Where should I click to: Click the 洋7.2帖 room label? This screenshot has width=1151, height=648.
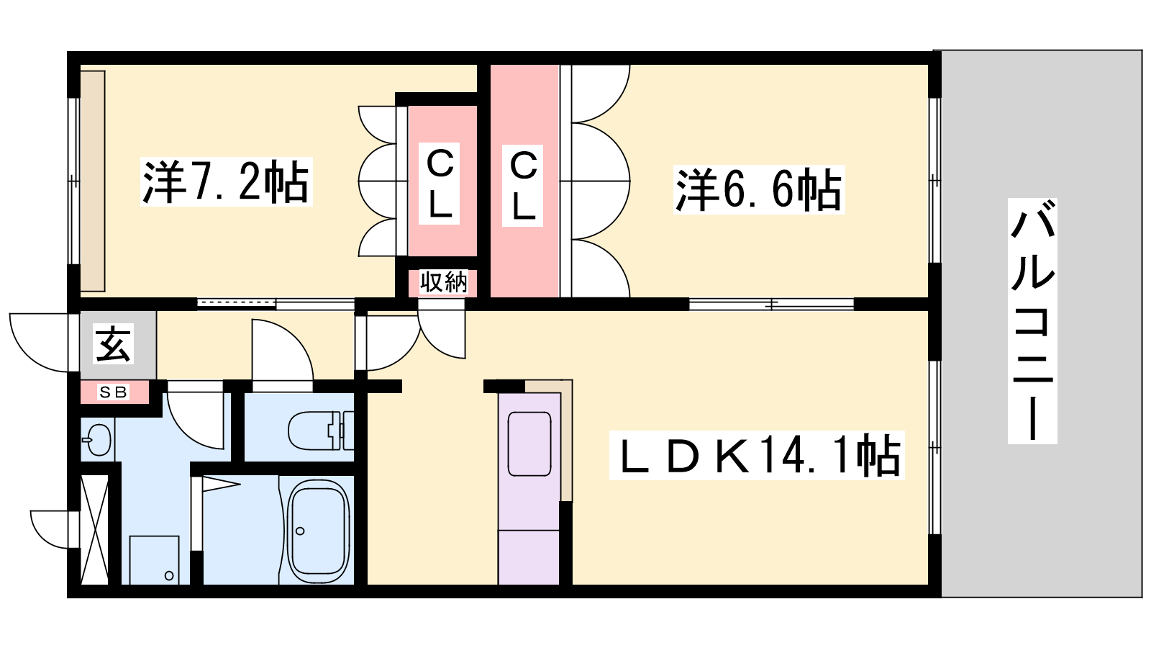226,181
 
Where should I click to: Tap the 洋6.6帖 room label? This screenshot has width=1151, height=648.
759,189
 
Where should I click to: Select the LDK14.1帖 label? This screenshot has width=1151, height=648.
757,455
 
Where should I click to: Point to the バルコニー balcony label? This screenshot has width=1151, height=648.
1032,321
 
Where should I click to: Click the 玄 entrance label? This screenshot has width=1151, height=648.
114,343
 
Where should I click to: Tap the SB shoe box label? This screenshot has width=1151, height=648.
114,392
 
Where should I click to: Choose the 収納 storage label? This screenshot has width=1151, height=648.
443,282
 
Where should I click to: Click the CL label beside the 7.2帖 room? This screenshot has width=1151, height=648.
440,184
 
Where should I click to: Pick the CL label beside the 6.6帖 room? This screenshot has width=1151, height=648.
522,186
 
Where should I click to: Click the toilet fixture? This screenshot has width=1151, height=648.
321,431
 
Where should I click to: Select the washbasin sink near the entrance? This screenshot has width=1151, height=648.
96,440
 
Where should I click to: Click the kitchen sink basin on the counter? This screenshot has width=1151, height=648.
529,444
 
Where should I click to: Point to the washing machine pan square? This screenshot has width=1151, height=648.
154,560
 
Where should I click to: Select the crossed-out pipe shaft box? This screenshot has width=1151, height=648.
95,530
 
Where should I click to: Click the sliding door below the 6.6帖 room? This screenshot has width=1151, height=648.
771,305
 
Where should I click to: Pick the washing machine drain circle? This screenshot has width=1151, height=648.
169,575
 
